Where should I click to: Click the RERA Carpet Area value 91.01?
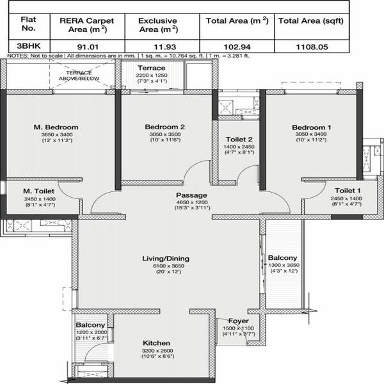point(88,47)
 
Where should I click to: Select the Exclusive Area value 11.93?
point(165,47)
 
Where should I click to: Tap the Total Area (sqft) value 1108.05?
point(312,47)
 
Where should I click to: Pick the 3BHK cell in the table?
point(29,46)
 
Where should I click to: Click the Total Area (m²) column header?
point(237,21)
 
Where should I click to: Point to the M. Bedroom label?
point(56,127)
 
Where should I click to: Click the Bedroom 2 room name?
point(165,127)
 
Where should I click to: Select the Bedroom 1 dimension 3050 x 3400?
point(311,134)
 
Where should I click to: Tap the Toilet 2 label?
point(239,140)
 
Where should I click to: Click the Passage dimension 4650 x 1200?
point(192,202)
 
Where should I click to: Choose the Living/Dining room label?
point(166,259)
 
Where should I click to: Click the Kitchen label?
point(156,343)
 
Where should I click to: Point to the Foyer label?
point(239,321)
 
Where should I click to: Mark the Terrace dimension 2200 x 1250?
point(152,75)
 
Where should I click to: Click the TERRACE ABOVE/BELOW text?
point(79,76)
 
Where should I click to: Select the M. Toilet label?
point(38,191)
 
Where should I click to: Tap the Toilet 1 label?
point(348,191)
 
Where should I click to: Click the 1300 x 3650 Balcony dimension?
point(284,265)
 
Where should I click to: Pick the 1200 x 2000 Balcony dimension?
point(92,332)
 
